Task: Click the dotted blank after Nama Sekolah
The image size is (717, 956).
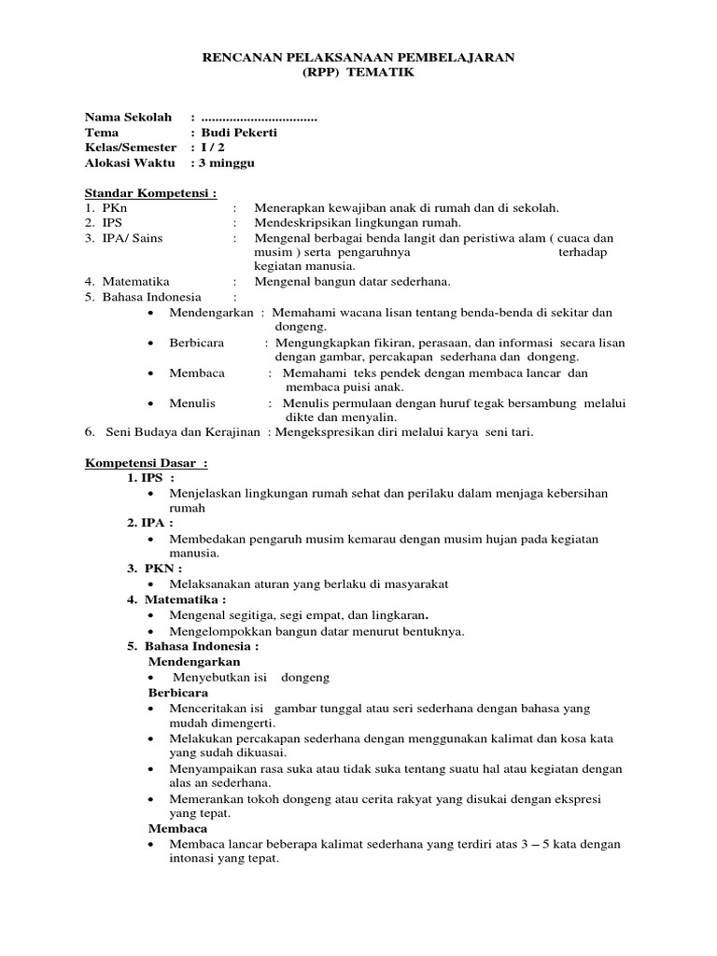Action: point(259,118)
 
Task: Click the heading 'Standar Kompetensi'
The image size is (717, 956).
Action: point(149,193)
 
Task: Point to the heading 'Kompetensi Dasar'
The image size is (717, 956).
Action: point(145,464)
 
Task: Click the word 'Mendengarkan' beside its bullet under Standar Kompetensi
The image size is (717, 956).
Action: point(211,313)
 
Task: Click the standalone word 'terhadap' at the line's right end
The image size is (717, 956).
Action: point(588,252)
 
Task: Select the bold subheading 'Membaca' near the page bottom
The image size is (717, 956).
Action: point(178,828)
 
